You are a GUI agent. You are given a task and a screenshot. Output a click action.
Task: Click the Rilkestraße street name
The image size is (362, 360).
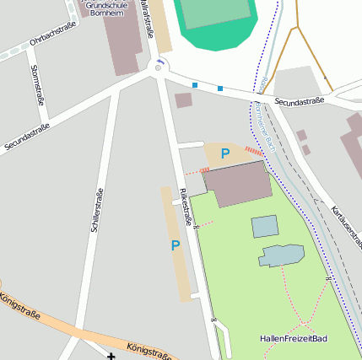pyautogui.click(x=185, y=207)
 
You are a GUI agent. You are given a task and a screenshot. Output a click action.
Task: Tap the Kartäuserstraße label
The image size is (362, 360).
pyautogui.click(x=347, y=222)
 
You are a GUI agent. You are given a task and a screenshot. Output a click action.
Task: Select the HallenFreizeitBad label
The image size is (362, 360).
pyautogui.click(x=293, y=339)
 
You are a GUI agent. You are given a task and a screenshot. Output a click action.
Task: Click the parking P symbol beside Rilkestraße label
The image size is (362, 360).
pyautogui.click(x=176, y=245)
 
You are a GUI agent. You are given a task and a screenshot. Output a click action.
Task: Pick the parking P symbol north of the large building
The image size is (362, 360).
pyautogui.click(x=224, y=153)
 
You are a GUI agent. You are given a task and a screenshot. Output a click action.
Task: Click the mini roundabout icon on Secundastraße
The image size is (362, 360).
pyautogui.click(x=158, y=67)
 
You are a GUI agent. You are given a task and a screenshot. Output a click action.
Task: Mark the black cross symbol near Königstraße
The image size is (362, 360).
pyautogui.click(x=111, y=356)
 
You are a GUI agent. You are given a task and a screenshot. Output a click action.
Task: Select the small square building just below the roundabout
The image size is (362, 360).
pyautogui.click(x=183, y=100)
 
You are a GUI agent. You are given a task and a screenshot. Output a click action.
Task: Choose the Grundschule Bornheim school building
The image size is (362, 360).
pyautogui.click(x=122, y=42)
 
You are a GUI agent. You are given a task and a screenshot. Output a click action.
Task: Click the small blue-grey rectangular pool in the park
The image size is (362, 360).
pyautogui.click(x=264, y=226)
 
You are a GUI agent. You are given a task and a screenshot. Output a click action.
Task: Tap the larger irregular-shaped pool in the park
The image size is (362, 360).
pyautogui.click(x=281, y=255)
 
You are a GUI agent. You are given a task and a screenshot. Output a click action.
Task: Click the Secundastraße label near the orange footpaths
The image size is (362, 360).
pyautogui.click(x=299, y=101)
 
